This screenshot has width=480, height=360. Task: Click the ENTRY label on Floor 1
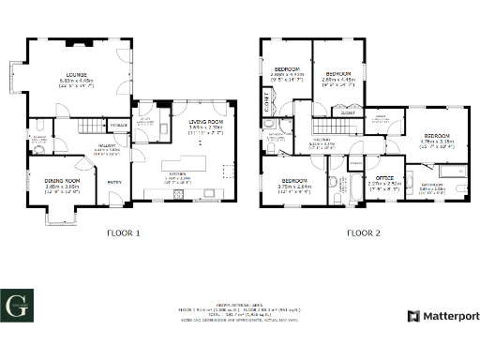pyautogui.click(x=114, y=183)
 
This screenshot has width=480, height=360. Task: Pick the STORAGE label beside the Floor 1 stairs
pyautogui.click(x=118, y=125)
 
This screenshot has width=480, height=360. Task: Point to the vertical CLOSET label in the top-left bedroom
pyautogui.click(x=267, y=107)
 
